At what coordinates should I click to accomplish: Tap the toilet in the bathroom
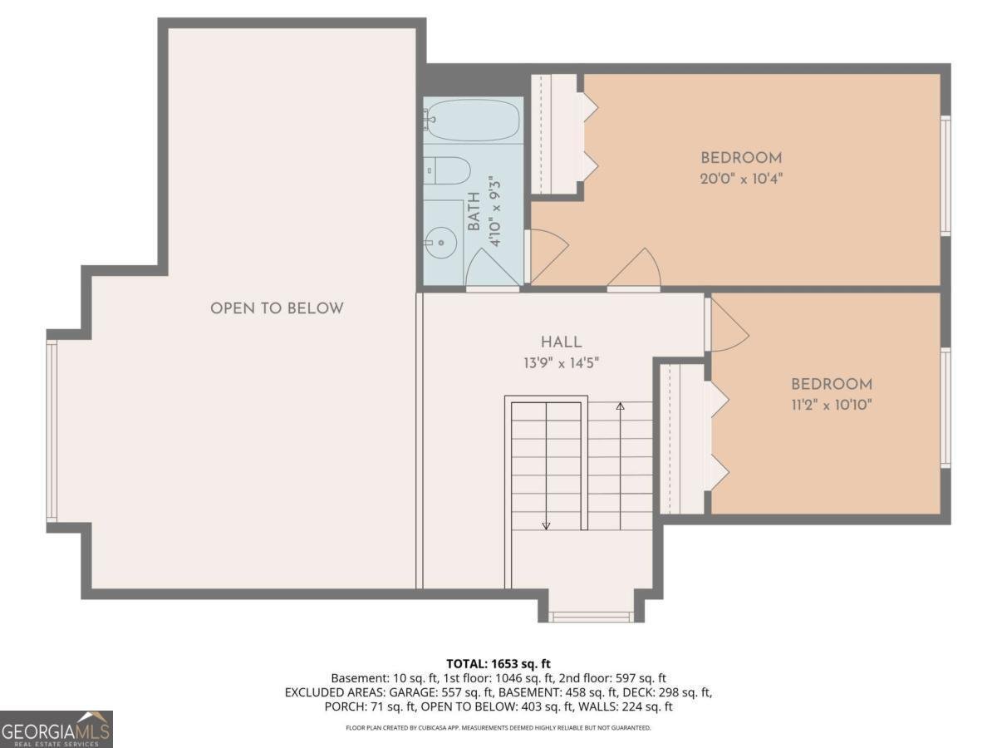pos(449,171)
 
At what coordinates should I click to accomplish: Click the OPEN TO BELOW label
pos(277,308)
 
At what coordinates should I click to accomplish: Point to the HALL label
pos(562,342)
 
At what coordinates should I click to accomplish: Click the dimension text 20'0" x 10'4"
pos(742,178)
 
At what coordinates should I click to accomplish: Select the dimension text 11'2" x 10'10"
pos(831,405)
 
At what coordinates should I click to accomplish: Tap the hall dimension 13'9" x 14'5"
pos(562,362)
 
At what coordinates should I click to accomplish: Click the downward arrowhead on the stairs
pos(546,524)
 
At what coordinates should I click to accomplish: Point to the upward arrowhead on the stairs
pos(620,406)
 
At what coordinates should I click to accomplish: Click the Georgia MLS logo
pos(56,729)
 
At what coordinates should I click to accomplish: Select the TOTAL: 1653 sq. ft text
pos(498,663)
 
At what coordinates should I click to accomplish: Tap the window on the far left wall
pos(52,431)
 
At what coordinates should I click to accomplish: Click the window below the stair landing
pos(592,617)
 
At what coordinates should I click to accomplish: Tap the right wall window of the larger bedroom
pos(945,175)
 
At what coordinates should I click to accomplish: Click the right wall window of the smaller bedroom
pos(945,407)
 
